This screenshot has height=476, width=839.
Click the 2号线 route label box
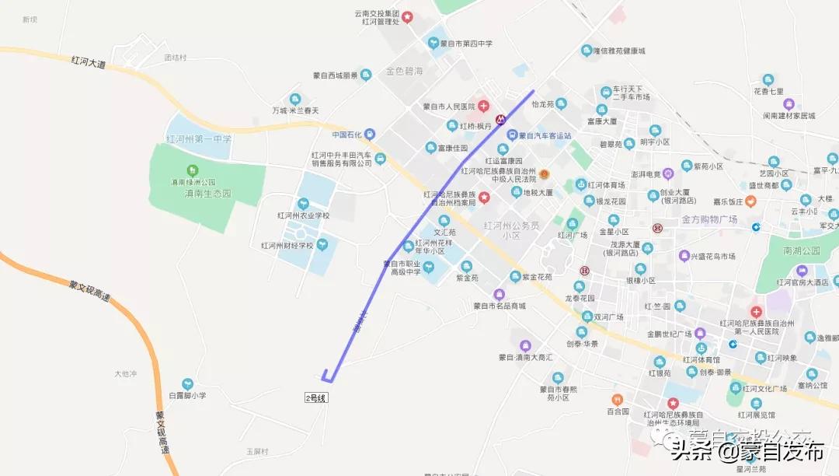[317, 397]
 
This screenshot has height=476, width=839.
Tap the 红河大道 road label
[87, 61]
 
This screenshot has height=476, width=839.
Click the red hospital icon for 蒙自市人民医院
[483, 106]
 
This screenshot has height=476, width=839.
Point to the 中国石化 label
[348, 134]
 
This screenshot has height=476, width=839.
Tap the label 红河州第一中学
[199, 139]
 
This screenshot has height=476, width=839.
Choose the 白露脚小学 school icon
[187, 383]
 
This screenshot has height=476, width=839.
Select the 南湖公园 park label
[802, 251]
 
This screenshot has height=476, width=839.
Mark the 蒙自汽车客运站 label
[545, 135]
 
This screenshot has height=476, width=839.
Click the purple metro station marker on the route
[502, 121]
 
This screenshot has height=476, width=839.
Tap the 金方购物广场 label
[709, 220]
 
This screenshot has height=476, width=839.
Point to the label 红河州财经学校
[287, 246]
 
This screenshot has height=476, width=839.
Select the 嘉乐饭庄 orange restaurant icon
[750, 201]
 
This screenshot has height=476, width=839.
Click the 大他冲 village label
[125, 374]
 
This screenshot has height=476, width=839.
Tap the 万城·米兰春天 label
[295, 111]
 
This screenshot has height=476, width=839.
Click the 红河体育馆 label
[700, 359]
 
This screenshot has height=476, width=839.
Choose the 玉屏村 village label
[257, 451]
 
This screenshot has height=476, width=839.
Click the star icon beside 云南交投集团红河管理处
[407, 16]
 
